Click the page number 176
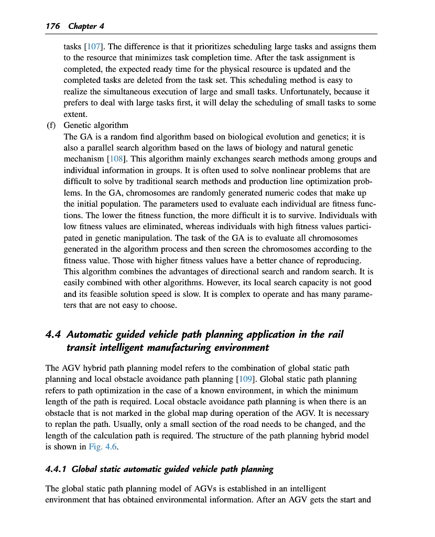53,26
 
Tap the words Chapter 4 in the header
82,26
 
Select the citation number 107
93,47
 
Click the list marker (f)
51,125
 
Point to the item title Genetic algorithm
96,125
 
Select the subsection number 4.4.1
56,469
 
